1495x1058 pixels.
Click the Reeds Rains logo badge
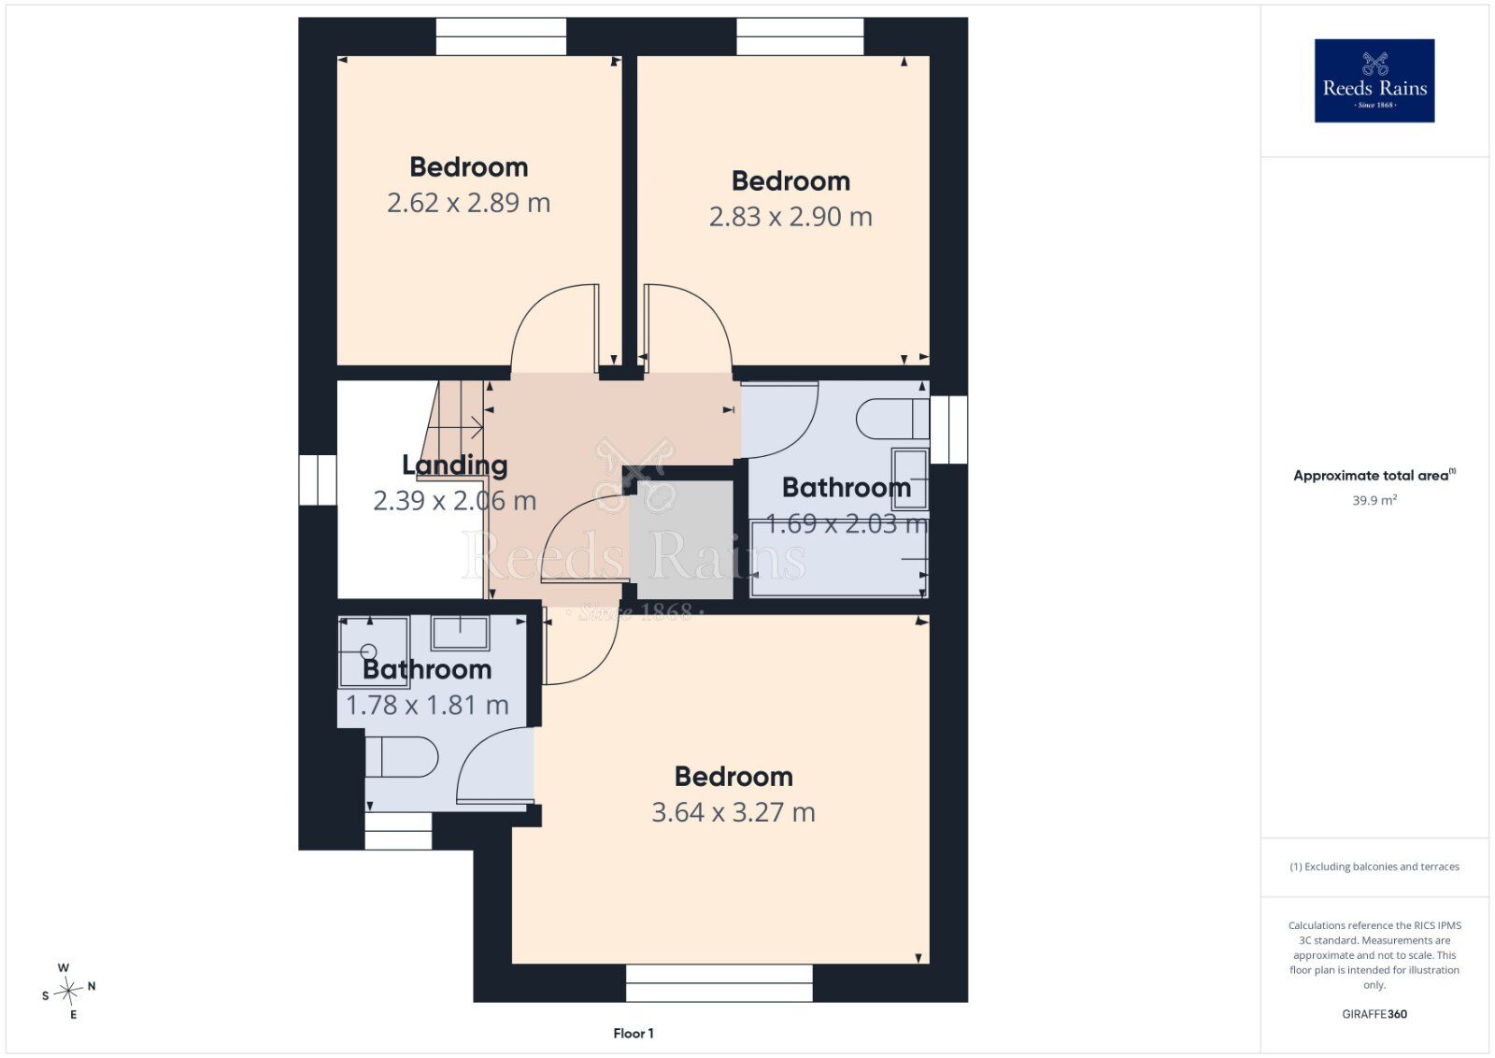[1374, 80]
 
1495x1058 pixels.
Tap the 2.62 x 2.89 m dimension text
[468, 203]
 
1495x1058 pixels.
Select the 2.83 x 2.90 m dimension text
[790, 217]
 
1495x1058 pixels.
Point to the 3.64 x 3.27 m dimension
[733, 812]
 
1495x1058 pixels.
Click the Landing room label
[454, 465]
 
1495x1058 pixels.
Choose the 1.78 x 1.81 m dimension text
[427, 705]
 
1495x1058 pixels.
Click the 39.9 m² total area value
[1374, 500]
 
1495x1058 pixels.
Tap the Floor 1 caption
[634, 1034]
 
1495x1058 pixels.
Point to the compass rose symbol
[68, 992]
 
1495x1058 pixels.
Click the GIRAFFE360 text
[1374, 1014]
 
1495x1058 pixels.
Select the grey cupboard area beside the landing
[685, 539]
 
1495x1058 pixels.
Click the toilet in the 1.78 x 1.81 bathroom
[401, 757]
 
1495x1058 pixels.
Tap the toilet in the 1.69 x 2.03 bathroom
[892, 419]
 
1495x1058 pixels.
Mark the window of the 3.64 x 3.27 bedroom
[719, 982]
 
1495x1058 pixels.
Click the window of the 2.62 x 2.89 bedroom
[501, 36]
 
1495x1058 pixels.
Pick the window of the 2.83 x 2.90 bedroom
[800, 36]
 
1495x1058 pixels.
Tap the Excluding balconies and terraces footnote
[1374, 866]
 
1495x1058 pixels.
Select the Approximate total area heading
[1374, 476]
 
